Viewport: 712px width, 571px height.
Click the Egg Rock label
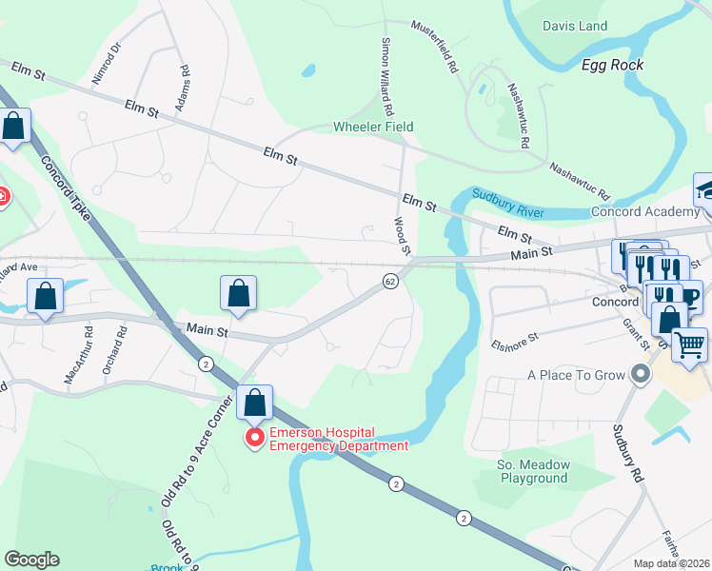tap(613, 65)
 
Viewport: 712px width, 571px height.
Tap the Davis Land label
tap(575, 27)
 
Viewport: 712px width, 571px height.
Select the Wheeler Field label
tap(373, 127)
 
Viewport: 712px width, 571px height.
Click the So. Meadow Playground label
tap(533, 471)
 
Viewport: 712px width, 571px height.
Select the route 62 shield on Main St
tap(390, 281)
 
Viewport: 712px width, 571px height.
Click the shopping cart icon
tap(690, 345)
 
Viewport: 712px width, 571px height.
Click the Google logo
tap(31, 560)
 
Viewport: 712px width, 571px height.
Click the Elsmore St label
tap(515, 336)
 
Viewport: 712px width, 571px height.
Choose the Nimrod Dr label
tap(106, 63)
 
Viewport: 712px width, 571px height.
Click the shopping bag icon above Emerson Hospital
tap(255, 403)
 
